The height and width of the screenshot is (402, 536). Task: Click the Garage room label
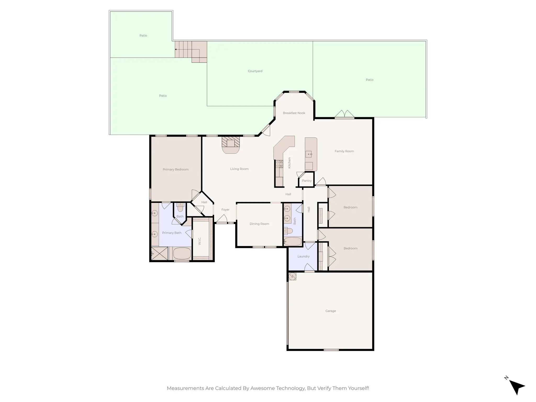(331, 311)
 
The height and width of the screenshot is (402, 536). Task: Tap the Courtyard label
(255, 71)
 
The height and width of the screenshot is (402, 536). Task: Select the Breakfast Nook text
(294, 113)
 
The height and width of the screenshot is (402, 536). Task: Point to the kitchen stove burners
(279, 164)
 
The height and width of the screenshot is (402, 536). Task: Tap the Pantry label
(307, 181)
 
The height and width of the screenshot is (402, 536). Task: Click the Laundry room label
(303, 256)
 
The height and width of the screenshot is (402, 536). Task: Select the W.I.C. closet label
(200, 241)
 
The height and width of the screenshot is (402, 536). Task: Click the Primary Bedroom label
(176, 169)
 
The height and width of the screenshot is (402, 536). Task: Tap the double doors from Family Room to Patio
(344, 114)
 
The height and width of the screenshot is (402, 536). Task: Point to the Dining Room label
(259, 224)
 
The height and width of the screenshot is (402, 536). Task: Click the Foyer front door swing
(222, 219)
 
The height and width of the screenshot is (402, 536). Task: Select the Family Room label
(344, 151)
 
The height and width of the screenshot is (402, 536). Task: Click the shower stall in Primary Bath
(159, 253)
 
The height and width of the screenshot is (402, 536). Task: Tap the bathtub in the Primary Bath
(182, 253)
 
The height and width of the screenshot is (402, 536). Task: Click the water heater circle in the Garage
(292, 276)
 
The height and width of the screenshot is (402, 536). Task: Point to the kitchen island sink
(309, 154)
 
